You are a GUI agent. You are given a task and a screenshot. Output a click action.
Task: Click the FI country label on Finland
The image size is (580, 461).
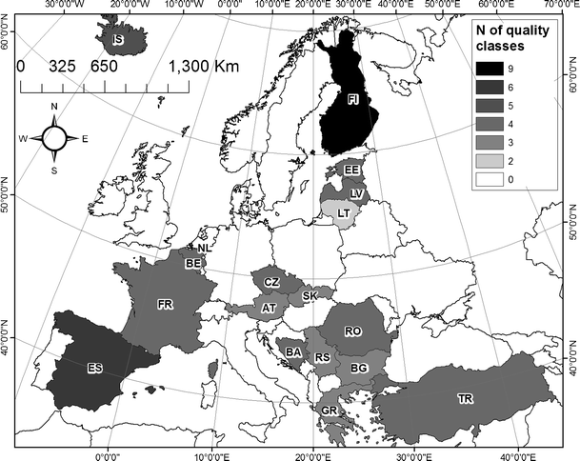pyautogui.click(x=354, y=99)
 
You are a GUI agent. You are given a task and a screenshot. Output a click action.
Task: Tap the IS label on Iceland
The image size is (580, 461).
pyautogui.click(x=118, y=40)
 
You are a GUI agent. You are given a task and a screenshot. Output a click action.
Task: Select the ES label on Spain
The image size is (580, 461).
pyautogui.click(x=94, y=369)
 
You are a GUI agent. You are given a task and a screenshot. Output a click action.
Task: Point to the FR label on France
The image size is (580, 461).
pyautogui.click(x=165, y=305)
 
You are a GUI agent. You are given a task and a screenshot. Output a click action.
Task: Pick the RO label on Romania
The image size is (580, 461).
pyautogui.click(x=353, y=331)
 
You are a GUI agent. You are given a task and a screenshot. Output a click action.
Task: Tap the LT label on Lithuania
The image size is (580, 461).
pyautogui.click(x=342, y=213)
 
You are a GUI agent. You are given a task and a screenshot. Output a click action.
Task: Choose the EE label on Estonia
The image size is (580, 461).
pyautogui.click(x=351, y=170)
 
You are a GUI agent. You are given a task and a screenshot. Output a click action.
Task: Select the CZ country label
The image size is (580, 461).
pyautogui.click(x=271, y=283)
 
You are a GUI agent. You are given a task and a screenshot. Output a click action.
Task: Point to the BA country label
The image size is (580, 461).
pyautogui.click(x=293, y=351)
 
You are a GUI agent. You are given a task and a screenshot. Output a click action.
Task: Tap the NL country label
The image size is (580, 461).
pyautogui.click(x=203, y=248)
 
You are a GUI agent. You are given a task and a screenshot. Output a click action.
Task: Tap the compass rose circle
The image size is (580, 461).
pyautogui.click(x=54, y=138)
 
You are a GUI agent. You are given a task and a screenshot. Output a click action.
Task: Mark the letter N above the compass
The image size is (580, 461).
pyautogui.click(x=54, y=107)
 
